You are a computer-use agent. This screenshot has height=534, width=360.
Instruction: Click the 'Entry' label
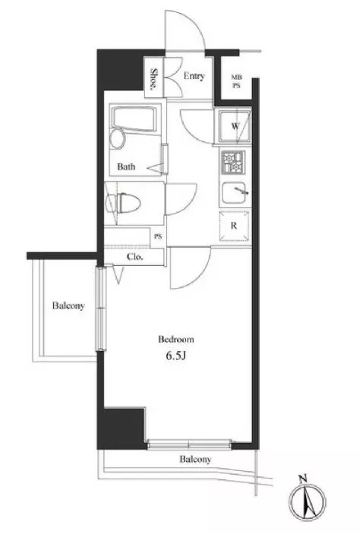194,76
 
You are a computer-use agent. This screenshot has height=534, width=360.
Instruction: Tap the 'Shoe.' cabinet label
154,79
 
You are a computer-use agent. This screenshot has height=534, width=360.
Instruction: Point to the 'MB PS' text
236,82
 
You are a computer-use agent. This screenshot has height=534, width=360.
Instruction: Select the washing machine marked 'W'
235,126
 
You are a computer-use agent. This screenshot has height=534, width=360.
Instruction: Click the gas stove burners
233,163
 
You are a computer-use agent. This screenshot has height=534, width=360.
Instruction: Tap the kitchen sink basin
234,192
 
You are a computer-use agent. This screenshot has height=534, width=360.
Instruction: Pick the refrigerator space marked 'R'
234,226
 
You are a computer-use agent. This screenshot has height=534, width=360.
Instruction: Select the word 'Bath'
126,166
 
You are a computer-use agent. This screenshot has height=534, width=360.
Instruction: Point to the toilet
123,204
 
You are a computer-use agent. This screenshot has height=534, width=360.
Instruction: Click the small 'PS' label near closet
158,237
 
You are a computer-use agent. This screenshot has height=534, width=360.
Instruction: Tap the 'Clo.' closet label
135,257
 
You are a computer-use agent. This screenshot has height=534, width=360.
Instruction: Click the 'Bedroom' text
176,340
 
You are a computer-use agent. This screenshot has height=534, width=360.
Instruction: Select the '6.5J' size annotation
175,356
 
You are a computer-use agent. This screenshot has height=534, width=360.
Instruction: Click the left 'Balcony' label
68,306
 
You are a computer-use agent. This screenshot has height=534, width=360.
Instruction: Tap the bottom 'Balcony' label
195,460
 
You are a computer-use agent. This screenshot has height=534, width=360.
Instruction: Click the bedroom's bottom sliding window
190,444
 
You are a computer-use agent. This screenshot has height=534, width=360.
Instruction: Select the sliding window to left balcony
101,309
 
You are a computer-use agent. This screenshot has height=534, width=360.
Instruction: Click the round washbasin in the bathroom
118,139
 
